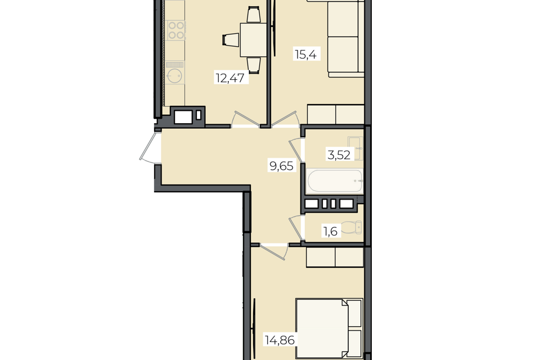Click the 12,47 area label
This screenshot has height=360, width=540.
231,78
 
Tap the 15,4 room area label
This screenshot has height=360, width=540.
306,55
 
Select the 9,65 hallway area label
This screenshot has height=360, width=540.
282,166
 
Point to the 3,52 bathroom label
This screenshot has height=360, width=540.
339,155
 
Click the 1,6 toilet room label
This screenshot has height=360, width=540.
330,231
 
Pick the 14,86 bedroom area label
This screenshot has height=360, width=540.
280,340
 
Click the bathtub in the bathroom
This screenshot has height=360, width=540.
334,181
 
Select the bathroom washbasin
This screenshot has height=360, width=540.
355,148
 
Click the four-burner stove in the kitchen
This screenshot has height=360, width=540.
176,30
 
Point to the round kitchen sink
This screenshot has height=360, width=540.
175,75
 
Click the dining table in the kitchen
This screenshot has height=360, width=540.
254,40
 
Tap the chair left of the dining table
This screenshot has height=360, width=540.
231,39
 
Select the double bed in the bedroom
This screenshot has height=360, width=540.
329,328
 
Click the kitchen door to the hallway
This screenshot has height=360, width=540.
245,120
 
